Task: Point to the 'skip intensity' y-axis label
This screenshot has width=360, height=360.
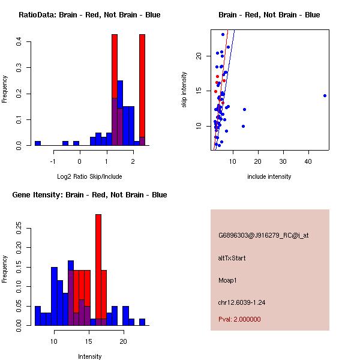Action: [x=184, y=90]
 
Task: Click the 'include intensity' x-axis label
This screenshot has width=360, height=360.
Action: [x=269, y=176]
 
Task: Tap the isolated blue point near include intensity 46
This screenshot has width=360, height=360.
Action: [x=325, y=95]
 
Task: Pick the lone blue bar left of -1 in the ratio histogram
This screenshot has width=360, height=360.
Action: [x=38, y=143]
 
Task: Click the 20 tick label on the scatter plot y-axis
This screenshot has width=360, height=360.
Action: [x=199, y=56]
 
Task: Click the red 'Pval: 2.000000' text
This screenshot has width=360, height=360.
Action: [x=240, y=320]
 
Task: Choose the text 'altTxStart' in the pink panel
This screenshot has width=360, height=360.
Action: [x=232, y=258]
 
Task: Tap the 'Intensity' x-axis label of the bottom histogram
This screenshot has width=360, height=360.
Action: [x=89, y=356]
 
